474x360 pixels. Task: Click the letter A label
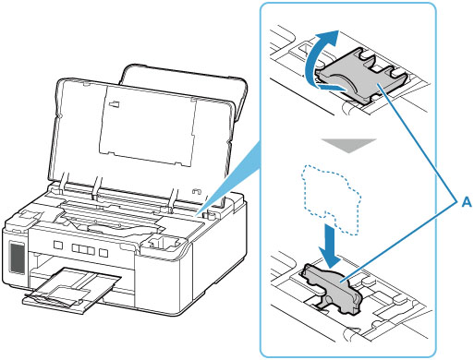point(467,202)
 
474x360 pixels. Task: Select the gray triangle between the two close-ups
point(348,145)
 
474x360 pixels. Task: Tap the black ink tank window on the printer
point(17,258)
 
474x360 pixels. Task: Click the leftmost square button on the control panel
point(58,246)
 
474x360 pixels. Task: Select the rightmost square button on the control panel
point(103,253)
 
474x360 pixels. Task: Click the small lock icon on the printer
point(197,192)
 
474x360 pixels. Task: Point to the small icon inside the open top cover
point(115,103)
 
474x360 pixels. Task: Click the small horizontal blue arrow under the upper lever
point(332,87)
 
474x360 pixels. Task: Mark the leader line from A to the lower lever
point(399,242)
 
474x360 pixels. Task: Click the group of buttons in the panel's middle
point(83,249)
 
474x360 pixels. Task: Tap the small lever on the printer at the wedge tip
point(210,213)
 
